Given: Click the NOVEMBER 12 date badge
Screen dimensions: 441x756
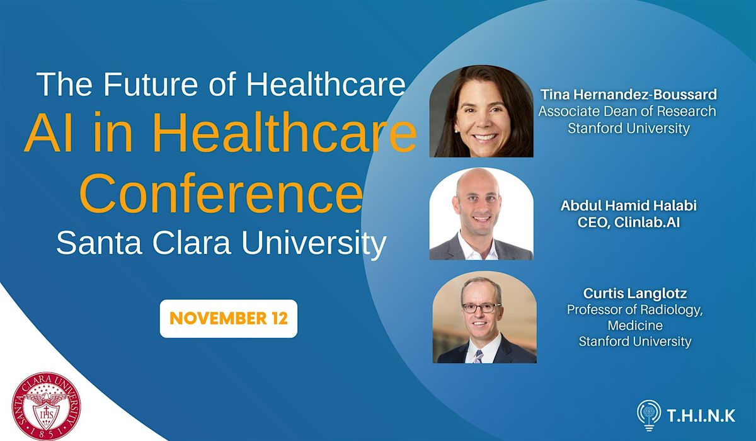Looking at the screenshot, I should click(x=228, y=318).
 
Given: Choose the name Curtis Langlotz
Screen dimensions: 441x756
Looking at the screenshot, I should click(x=635, y=294).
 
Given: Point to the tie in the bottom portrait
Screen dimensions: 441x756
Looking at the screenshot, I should click(x=478, y=356).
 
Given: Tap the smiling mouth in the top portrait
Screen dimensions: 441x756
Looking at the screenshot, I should click(x=484, y=135).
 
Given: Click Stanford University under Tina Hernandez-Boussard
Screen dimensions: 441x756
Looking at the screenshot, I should click(x=629, y=128).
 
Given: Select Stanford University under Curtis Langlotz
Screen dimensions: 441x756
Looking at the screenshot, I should click(x=635, y=342).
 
